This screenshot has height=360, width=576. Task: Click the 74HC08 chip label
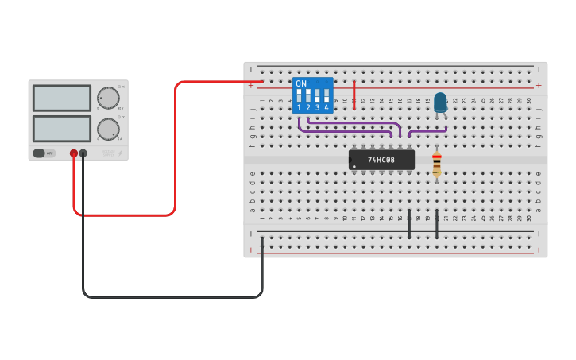click(x=382, y=160)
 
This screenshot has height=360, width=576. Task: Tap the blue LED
click(x=440, y=102)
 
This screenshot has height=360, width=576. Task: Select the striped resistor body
click(x=436, y=165)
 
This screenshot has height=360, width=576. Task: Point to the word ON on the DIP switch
click(x=300, y=83)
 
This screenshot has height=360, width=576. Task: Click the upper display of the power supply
click(x=62, y=98)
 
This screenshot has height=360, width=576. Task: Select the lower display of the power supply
click(x=62, y=129)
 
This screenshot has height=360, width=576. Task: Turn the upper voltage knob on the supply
click(x=108, y=98)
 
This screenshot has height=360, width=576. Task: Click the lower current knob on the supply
click(x=108, y=129)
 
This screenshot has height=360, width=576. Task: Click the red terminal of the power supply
click(x=74, y=153)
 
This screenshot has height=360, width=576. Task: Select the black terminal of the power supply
click(x=83, y=153)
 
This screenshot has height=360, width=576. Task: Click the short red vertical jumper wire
click(x=354, y=94)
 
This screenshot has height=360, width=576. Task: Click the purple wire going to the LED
click(x=427, y=130)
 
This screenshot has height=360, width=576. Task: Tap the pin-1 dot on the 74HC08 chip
click(x=354, y=165)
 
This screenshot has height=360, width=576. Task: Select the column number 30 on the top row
click(x=529, y=100)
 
